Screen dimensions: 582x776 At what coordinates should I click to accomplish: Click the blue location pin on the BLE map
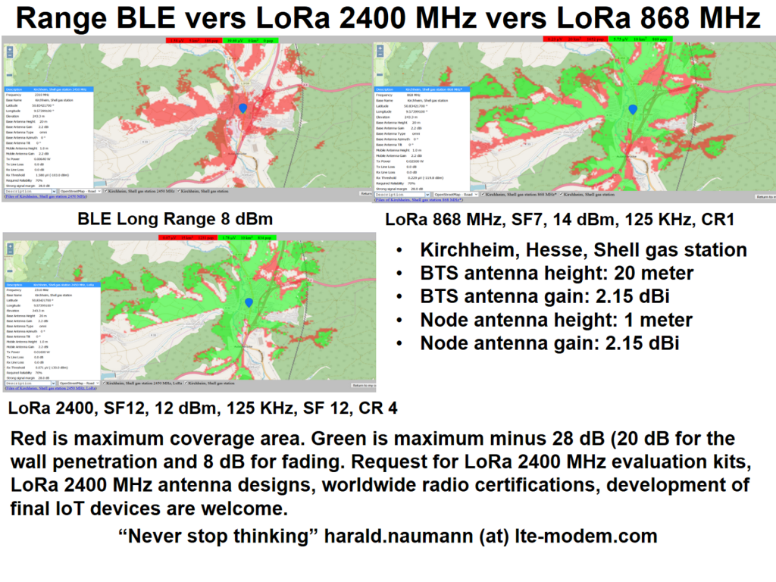click(243, 110)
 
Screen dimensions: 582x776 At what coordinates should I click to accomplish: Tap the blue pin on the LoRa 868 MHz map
click(633, 110)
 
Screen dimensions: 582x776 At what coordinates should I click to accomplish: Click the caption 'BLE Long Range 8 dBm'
click(176, 220)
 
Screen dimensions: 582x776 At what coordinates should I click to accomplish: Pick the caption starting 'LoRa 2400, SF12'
click(202, 409)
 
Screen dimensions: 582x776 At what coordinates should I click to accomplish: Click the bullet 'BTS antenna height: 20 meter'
click(557, 273)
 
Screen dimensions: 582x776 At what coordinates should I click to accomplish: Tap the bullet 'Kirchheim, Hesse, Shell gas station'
click(584, 250)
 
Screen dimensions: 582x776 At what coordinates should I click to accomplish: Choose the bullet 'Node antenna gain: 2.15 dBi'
click(549, 343)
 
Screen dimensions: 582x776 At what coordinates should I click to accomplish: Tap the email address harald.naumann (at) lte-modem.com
click(491, 536)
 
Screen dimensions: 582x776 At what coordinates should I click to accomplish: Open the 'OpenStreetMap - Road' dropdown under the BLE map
click(80, 192)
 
